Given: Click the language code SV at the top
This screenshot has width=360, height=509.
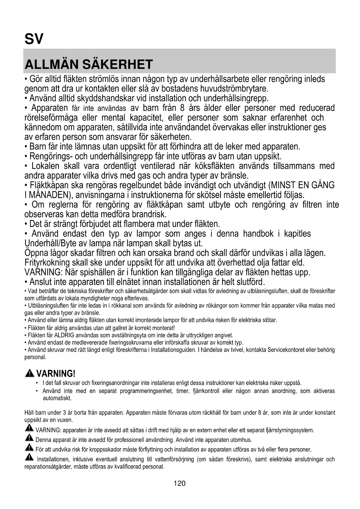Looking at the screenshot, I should click(34, 39).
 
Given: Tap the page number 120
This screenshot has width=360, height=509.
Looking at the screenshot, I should click(180, 483).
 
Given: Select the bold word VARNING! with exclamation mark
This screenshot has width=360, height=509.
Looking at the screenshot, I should click(56, 374).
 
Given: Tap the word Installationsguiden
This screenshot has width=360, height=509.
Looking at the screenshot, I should click(173, 350).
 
